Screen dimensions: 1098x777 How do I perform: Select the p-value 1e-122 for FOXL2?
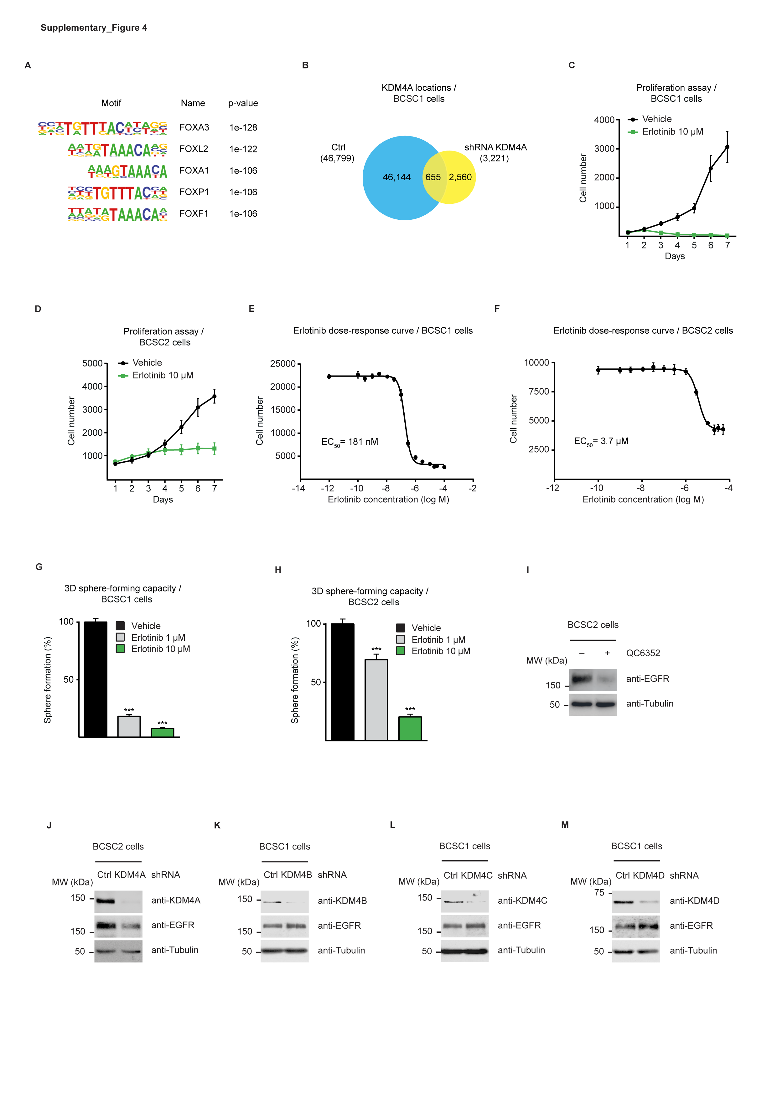coord(243,149)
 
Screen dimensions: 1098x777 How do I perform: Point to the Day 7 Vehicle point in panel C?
coord(727,147)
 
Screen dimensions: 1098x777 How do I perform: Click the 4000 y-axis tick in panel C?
coord(604,120)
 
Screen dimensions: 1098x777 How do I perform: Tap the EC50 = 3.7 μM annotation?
coord(601,441)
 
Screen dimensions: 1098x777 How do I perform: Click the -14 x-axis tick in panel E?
coord(298,488)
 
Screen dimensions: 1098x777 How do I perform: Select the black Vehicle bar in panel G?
coord(96,680)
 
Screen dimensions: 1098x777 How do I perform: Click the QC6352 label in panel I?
coord(643,653)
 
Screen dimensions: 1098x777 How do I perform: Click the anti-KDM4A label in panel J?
coord(176,900)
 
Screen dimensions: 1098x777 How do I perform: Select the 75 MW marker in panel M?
coord(599,893)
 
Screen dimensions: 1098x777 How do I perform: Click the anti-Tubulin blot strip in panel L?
coord(464,951)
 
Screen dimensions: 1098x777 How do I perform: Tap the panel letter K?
coord(217,825)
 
